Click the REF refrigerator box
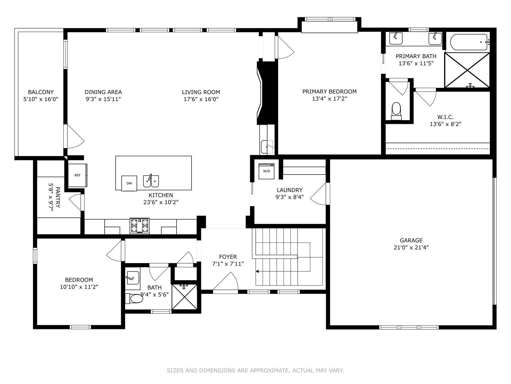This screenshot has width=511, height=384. (x=77, y=175)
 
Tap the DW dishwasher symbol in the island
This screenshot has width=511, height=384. (x=129, y=183)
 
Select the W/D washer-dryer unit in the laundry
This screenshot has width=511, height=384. (x=267, y=171)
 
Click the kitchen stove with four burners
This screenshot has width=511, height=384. (x=140, y=226)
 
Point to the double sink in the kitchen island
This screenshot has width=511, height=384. (x=151, y=181)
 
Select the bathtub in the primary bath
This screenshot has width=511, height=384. (x=469, y=42)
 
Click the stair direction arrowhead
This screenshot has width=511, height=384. (x=257, y=271)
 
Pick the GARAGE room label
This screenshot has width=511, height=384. (x=411, y=240)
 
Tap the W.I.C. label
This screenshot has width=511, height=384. (x=445, y=117)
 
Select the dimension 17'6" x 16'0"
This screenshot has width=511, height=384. (x=201, y=99)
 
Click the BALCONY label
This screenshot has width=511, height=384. (x=41, y=92)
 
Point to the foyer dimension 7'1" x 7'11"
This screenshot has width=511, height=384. (x=228, y=264)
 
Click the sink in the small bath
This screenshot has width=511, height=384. (x=132, y=278)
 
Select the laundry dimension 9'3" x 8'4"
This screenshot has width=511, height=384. (x=290, y=197)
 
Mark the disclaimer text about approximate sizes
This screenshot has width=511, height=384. (x=255, y=370)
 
